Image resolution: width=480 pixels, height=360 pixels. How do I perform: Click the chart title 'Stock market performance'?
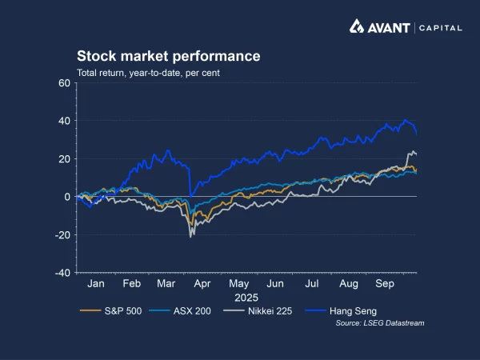pyautogui.click(x=168, y=57)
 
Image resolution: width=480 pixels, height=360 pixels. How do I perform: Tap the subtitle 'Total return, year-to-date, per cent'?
pyautogui.click(x=148, y=74)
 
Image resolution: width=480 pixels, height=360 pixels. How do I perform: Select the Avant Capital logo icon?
pyautogui.click(x=358, y=26)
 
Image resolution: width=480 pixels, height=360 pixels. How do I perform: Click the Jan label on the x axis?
pyautogui.click(x=95, y=284)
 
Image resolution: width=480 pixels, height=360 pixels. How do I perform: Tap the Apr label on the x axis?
pyautogui.click(x=203, y=284)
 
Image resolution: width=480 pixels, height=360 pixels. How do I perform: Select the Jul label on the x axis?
pyautogui.click(x=312, y=284)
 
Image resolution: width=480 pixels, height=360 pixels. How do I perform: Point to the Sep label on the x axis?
pyautogui.click(x=385, y=284)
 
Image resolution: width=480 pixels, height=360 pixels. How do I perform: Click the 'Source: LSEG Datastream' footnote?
pyautogui.click(x=380, y=323)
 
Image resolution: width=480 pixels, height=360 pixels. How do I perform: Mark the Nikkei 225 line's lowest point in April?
pyautogui.click(x=190, y=237)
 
